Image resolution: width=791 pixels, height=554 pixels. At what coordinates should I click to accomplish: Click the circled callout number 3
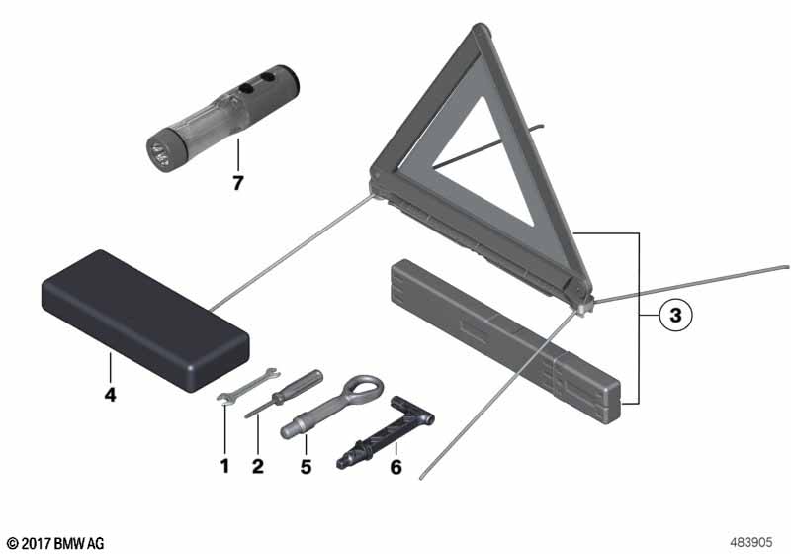point(675,316)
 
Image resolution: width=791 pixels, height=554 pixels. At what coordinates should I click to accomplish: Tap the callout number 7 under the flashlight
point(237,183)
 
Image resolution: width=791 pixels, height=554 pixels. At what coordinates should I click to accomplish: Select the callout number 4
point(110,394)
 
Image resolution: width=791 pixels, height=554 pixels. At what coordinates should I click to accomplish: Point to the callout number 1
point(225,466)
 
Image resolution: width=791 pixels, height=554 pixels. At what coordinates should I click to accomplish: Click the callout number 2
point(258,466)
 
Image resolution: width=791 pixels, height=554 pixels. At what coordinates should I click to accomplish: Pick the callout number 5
point(306,467)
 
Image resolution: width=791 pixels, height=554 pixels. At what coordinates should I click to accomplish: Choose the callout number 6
point(396,467)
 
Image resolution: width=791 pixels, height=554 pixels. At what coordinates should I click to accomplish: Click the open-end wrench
point(248,386)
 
